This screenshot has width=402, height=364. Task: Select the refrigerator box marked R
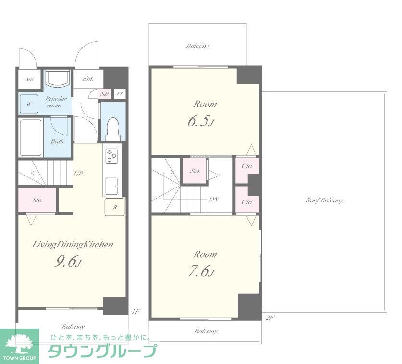pos(114,207)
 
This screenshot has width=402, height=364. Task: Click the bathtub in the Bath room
pos(31,137)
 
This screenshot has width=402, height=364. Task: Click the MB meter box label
pos(30,80)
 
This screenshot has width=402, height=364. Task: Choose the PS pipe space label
pos(120,94)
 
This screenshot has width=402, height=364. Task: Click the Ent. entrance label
pos(87,78)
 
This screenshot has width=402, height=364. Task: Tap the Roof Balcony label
pos(325,200)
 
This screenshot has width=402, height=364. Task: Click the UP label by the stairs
pos(77,174)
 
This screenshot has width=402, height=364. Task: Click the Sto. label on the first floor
pos(37,200)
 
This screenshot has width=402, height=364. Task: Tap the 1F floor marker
pos(135,312)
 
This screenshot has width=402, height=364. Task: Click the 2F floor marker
pos(269,317)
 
